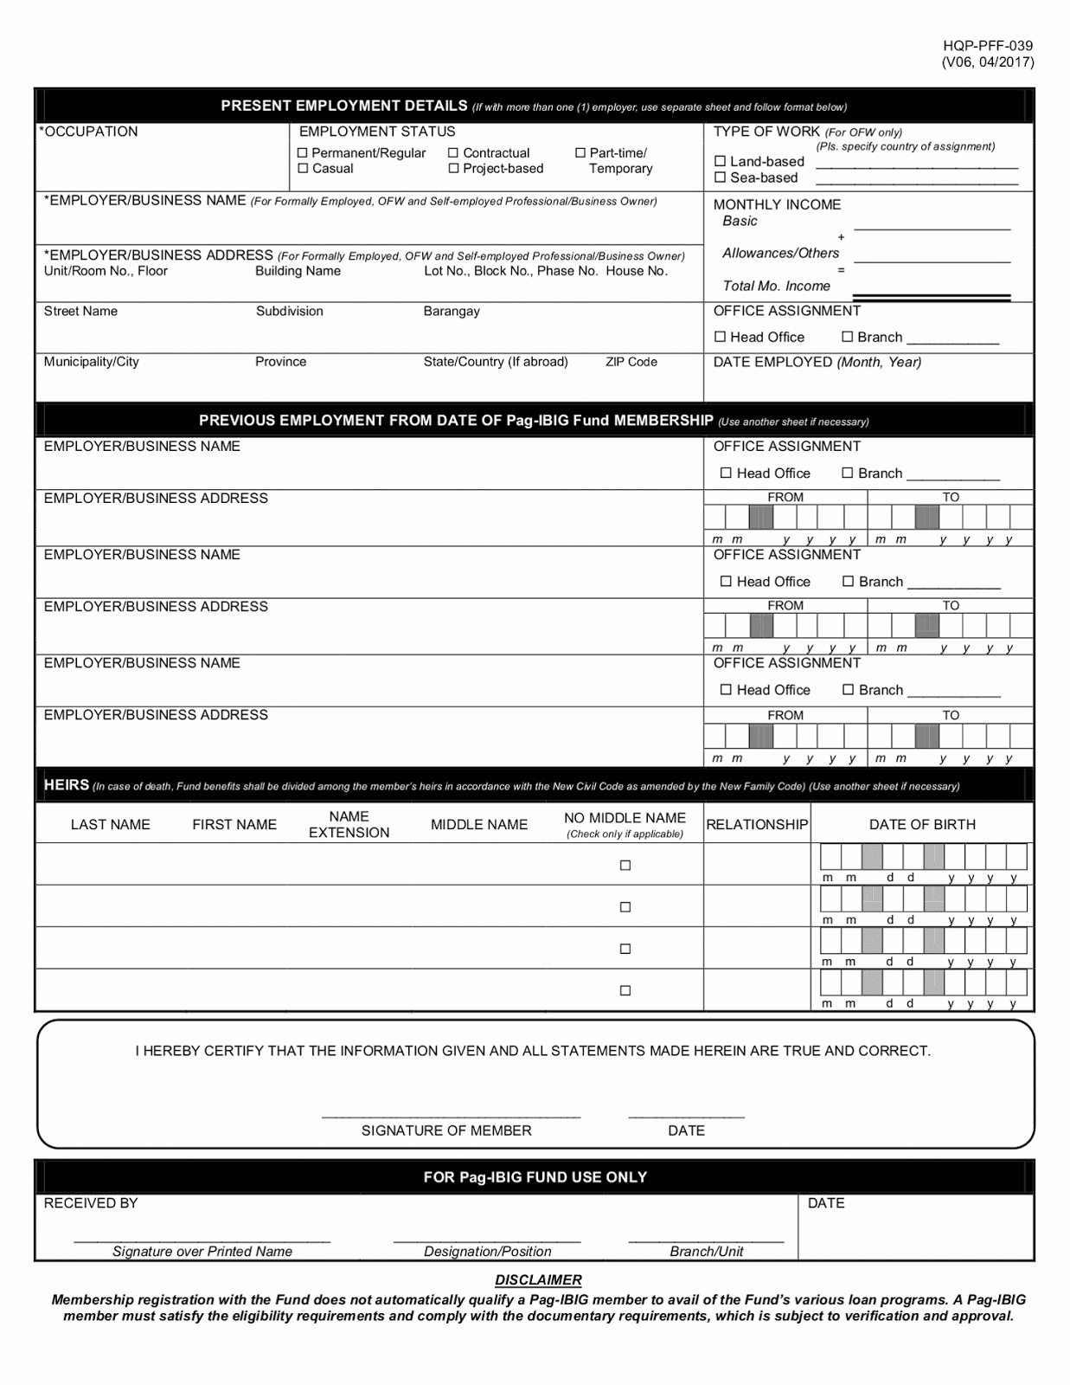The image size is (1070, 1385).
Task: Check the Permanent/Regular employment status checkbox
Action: pos(303,153)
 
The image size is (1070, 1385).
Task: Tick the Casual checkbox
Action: pos(303,169)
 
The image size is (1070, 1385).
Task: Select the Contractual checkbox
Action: pos(453,153)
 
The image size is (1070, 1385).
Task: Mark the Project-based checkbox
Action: pos(453,169)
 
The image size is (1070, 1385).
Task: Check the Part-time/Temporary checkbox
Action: pos(580,153)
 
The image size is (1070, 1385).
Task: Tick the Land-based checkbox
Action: pos(720,162)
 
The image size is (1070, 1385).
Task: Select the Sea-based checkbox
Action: pos(720,177)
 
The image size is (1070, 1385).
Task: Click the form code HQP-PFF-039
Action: pos(987,46)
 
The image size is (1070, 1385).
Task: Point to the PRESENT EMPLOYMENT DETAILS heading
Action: pos(344,106)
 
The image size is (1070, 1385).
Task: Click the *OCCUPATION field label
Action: pos(88,132)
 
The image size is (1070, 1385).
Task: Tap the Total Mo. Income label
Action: pos(776,286)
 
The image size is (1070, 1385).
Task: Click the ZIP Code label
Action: pos(631,362)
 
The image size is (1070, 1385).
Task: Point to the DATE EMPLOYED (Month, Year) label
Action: pos(817,362)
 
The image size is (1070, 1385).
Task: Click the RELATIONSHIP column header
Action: pos(757,825)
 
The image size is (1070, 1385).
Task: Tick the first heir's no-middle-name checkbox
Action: pos(625,865)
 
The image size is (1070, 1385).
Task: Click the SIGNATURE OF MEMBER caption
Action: pos(446,1131)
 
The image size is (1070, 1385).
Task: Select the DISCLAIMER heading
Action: pos(538,1279)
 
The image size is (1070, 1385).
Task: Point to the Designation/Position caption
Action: pos(487,1251)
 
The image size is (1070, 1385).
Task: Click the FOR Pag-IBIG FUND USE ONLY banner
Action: pos(535,1177)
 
